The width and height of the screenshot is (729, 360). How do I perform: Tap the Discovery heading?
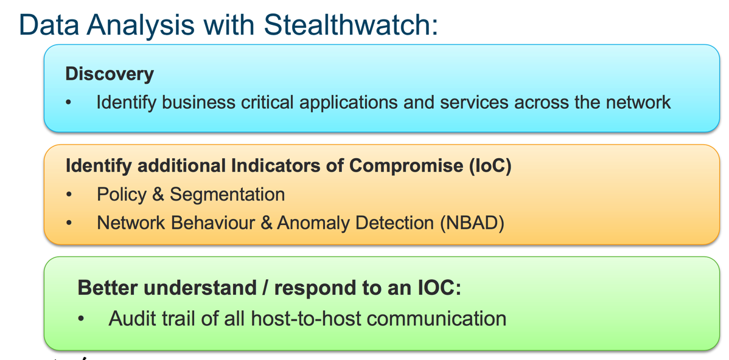pos(110,74)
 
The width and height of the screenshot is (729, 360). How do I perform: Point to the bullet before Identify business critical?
pos(69,103)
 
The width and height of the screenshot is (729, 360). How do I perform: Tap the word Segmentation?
pos(227,195)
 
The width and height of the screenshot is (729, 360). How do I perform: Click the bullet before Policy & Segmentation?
pos(69,195)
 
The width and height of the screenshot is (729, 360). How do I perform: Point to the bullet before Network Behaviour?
pos(69,223)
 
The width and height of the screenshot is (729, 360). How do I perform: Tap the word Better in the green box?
pos(107,288)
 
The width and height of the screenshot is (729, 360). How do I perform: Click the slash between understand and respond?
pos(265,288)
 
